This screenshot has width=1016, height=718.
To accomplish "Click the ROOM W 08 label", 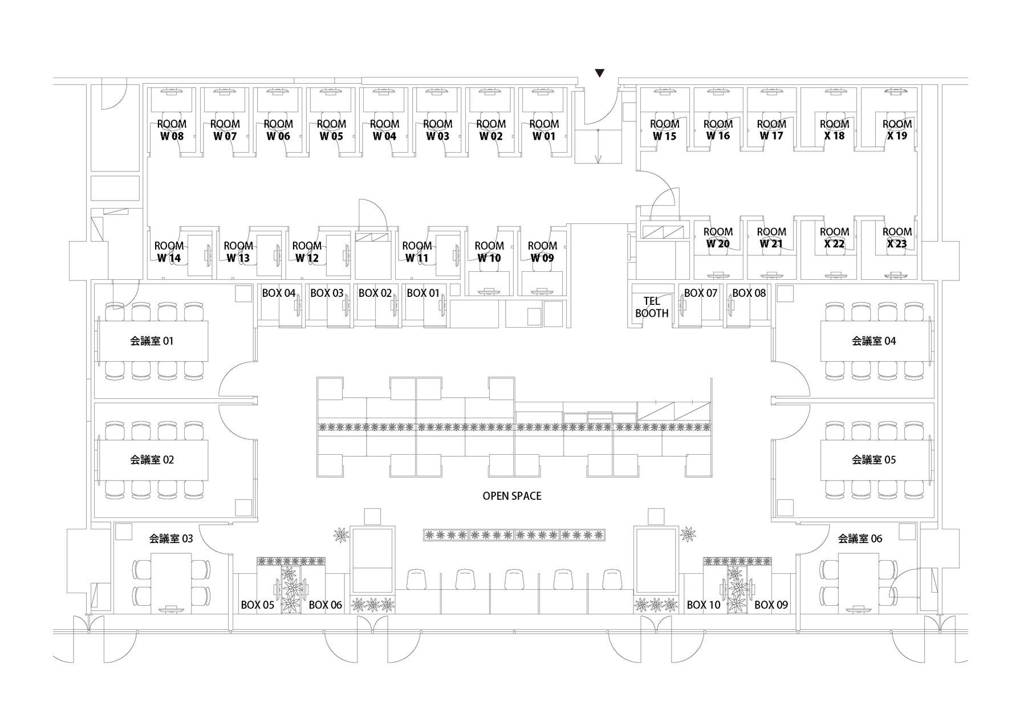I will pos(172,130).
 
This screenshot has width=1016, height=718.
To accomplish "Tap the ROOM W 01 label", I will pos(544,130).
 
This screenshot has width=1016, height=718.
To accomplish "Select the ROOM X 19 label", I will pos(897,130).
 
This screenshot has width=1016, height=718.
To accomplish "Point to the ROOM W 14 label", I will pos(169,252).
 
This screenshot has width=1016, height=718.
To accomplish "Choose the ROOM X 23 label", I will pos(897,238).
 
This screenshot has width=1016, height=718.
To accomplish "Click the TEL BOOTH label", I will pos(652,307).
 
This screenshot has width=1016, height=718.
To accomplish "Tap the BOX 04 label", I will pos(279,293).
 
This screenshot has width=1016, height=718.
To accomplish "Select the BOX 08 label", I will pos(749,293).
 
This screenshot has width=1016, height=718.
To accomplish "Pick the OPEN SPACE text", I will pos(512,496).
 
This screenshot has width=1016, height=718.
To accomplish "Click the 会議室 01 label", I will pos(152,341).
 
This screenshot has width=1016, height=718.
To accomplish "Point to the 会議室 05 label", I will pos(873,460).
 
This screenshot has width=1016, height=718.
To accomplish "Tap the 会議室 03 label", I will pos(171,538).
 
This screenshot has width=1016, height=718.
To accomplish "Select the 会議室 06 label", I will pos(860,538).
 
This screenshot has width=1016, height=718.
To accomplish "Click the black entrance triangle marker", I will pos(599,73).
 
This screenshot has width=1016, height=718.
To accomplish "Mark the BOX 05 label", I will pos(257,605).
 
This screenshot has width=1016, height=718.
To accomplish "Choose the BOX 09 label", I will pos(771,605).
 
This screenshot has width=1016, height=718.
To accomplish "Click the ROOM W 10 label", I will pos(489,252).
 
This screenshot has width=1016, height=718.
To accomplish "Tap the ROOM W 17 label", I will pos(771,130).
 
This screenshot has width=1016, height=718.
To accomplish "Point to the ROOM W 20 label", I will pos(718,238).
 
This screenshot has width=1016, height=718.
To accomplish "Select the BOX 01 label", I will pos(423,293).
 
